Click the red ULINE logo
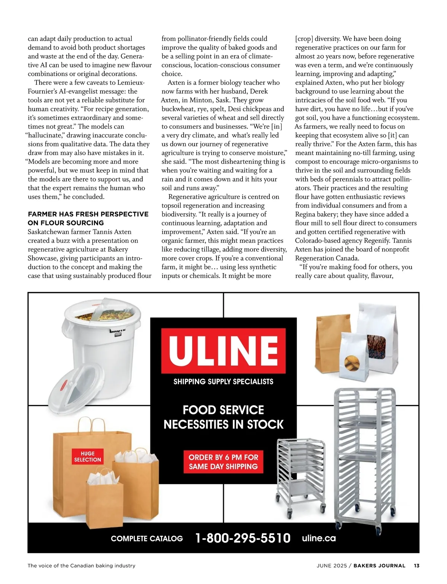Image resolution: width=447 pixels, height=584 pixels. (x=223, y=351)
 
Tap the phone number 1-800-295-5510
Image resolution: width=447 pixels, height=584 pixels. (x=243, y=538)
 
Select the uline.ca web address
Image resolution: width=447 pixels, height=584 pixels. (x=319, y=538)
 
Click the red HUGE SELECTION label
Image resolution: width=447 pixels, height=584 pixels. (x=88, y=456)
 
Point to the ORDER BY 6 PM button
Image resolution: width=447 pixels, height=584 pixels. (x=223, y=462)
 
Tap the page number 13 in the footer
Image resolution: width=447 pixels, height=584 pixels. (x=416, y=565)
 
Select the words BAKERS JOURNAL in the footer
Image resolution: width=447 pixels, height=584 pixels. (x=379, y=565)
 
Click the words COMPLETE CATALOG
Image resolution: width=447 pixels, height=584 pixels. (x=147, y=539)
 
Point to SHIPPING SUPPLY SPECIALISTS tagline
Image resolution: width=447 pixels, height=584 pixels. (x=223, y=382)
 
